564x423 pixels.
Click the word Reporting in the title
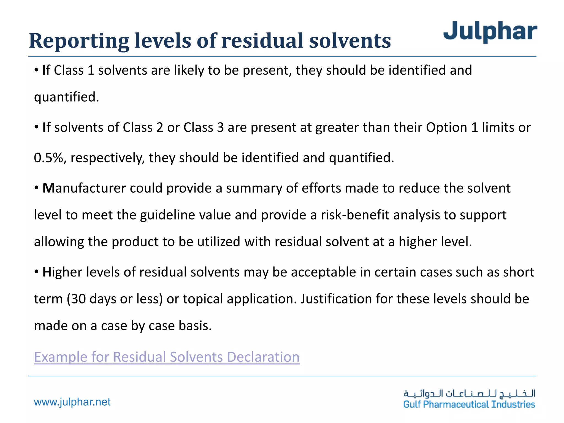(x=79, y=41)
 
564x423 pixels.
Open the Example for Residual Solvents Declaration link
(x=167, y=357)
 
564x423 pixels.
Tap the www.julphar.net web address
(x=72, y=402)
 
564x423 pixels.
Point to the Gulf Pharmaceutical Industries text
(x=469, y=405)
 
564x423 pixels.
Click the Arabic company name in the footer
(x=469, y=393)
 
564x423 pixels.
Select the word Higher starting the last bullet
(x=62, y=272)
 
